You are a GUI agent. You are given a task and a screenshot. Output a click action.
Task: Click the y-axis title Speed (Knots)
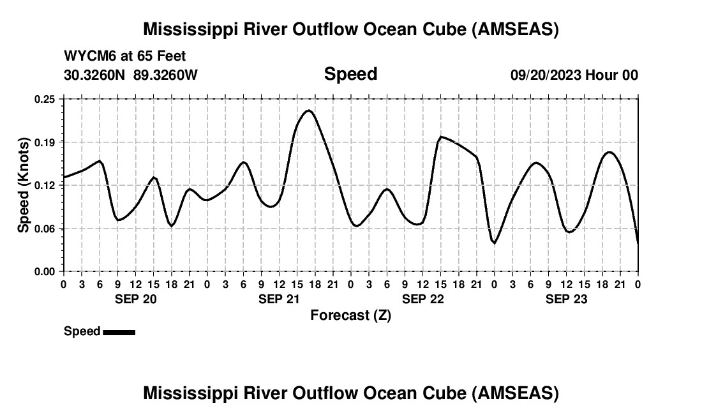[24, 185]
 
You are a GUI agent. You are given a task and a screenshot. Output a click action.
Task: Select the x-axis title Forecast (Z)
[350, 315]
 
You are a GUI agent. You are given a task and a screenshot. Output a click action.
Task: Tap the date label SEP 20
[135, 299]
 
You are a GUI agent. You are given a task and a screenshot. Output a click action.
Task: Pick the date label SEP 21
[279, 299]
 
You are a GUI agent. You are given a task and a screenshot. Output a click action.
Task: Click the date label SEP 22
[422, 299]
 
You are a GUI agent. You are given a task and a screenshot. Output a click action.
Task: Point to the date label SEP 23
[566, 299]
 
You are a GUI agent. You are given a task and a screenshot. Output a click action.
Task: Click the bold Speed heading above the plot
[350, 74]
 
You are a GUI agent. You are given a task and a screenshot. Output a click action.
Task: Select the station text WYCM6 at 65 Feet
[125, 56]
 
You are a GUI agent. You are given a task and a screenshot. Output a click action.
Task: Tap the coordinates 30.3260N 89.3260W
[131, 75]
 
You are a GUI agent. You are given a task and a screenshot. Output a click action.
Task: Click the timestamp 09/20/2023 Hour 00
[574, 75]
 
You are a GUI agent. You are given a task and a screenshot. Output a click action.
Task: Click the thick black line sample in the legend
[119, 332]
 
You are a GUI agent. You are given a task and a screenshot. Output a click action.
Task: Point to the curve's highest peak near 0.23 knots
[309, 110]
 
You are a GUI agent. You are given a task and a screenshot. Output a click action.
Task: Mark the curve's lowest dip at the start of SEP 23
[494, 243]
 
